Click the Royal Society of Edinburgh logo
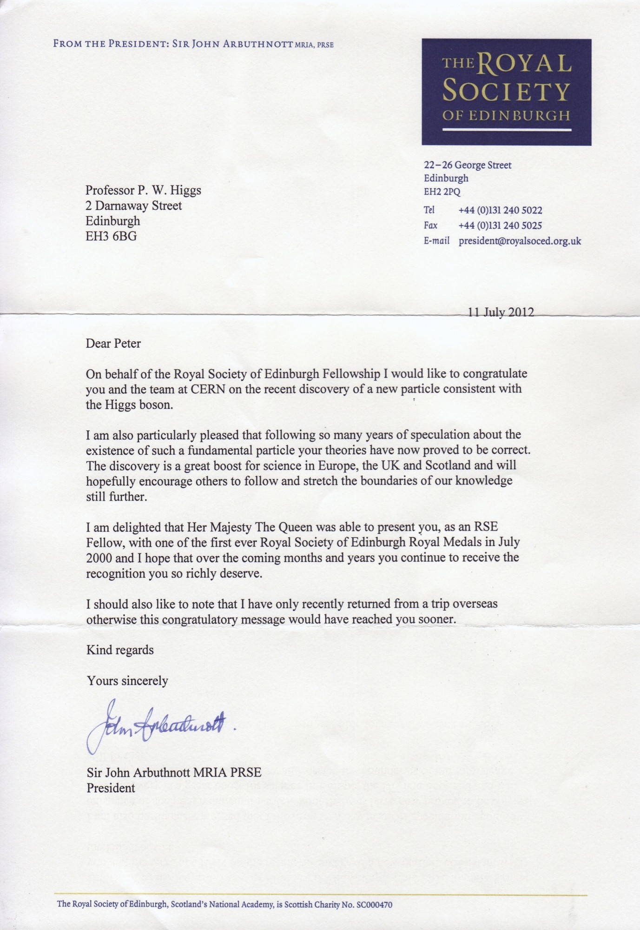506,92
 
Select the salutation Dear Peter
113,344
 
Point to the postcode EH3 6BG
112,236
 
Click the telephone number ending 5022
500,210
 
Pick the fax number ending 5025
500,226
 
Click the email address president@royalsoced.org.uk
520,241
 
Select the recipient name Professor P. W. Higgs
143,190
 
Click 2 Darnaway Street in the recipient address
134,206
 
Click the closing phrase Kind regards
120,650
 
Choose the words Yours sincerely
127,681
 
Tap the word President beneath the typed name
111,788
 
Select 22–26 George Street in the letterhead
468,165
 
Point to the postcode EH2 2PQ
442,192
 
